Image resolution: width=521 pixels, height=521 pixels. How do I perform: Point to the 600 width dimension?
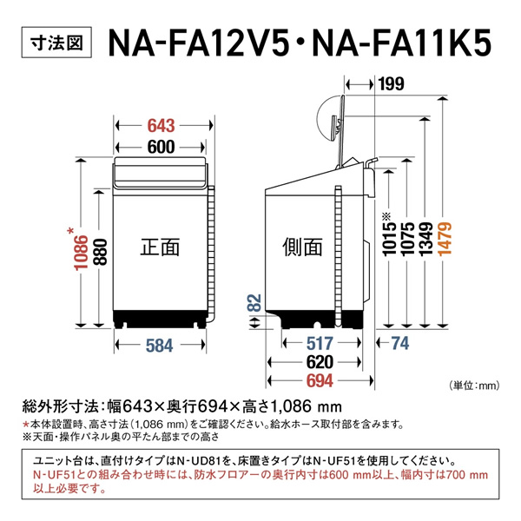(160, 147)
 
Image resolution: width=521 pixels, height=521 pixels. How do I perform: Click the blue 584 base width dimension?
(160, 345)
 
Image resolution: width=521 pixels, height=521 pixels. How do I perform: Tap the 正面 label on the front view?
(160, 247)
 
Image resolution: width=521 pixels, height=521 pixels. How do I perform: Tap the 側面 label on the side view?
(301, 247)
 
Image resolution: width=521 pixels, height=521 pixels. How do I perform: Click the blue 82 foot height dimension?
(253, 304)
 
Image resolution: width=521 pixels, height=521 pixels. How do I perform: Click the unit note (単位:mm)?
(476, 384)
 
